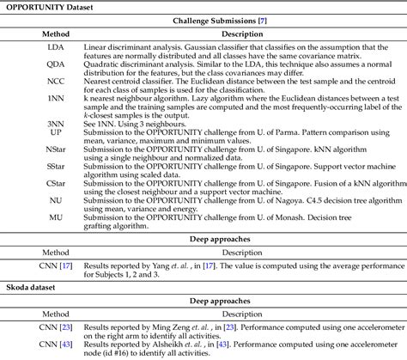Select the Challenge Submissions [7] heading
(x=203, y=21)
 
